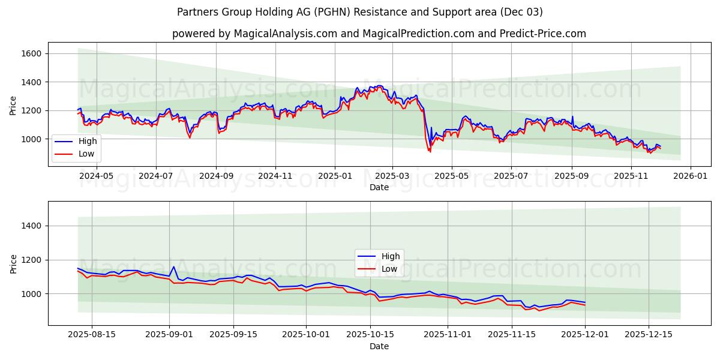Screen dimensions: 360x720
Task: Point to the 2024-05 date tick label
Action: pyautogui.click(x=97, y=176)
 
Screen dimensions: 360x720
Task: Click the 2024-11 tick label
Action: pyautogui.click(x=275, y=176)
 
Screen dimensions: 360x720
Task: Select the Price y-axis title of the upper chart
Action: pyautogui.click(x=13, y=106)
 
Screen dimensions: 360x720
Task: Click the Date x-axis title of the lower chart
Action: pyautogui.click(x=379, y=346)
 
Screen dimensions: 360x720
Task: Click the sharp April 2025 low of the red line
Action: pyautogui.click(x=430, y=151)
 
